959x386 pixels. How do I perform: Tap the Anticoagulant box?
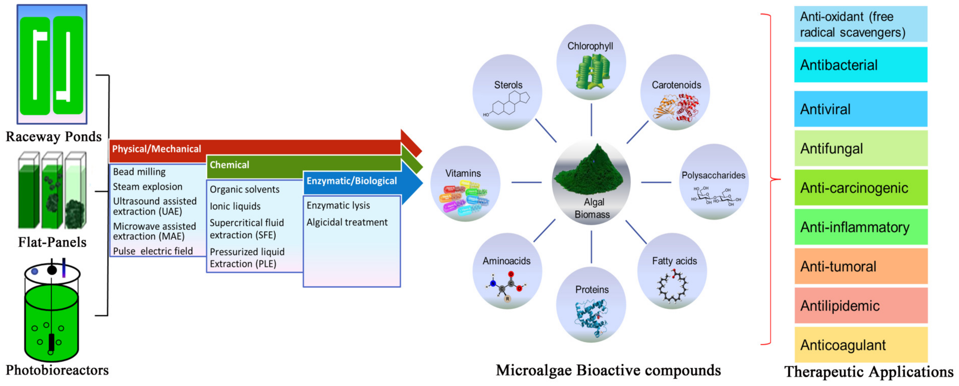(x=861, y=345)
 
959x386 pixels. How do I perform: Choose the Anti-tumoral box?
(x=861, y=266)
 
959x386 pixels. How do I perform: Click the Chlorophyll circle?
(x=591, y=62)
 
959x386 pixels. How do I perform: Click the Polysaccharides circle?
(x=714, y=182)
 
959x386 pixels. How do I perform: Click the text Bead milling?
(x=139, y=172)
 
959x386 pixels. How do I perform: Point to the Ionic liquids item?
(x=235, y=206)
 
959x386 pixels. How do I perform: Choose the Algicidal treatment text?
(x=347, y=222)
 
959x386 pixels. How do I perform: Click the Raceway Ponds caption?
(x=54, y=136)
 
